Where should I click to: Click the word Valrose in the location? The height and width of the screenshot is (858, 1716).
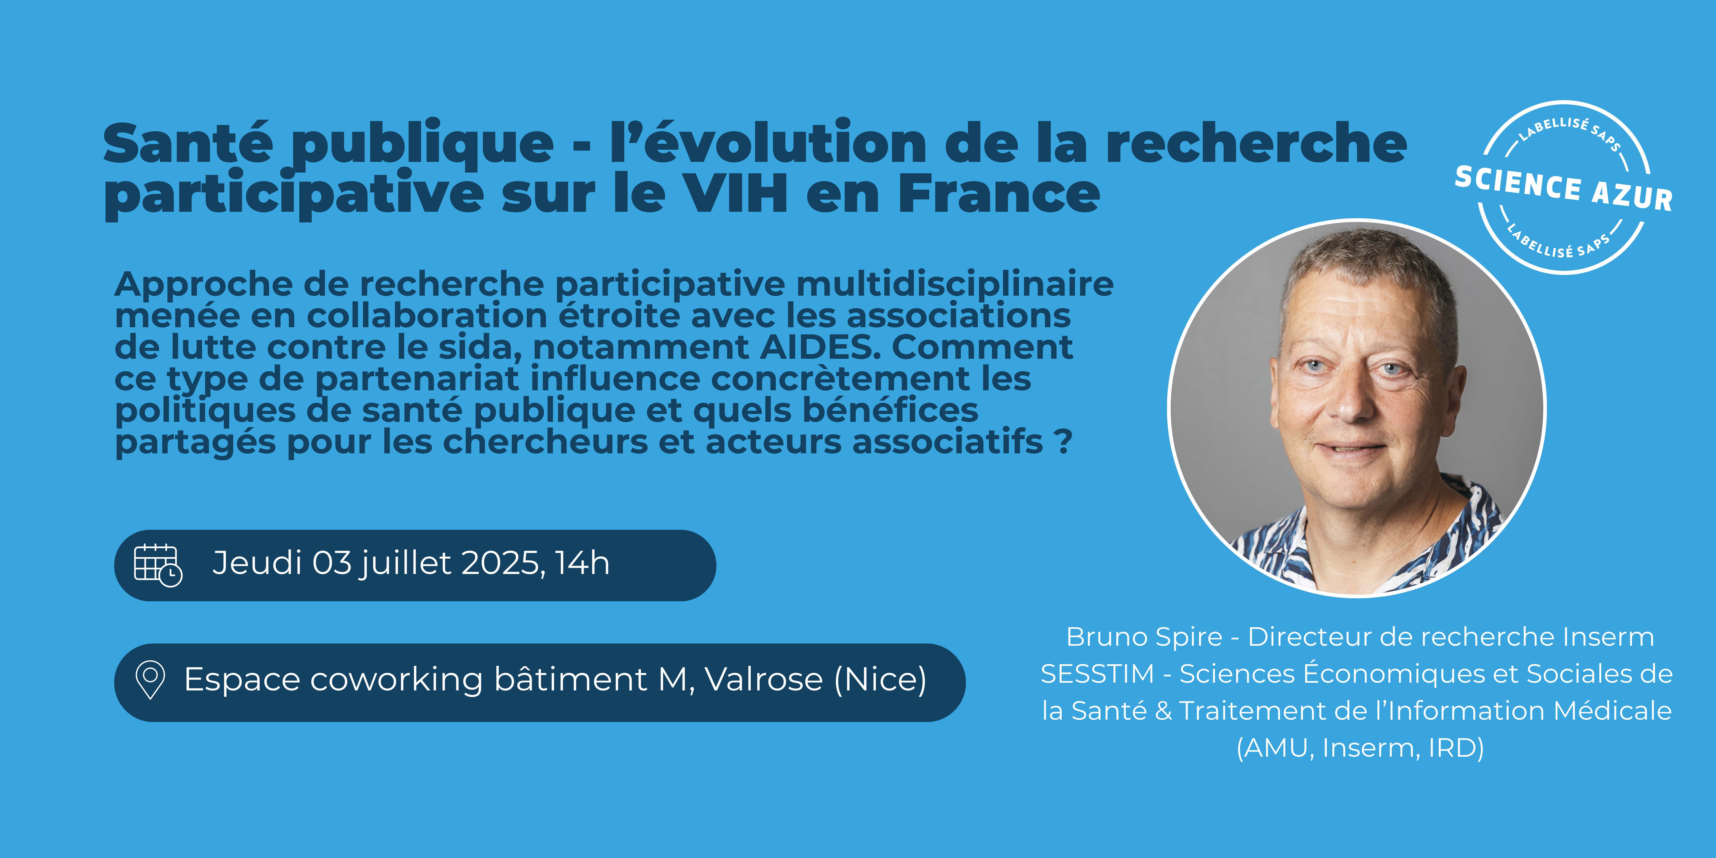pos(763,679)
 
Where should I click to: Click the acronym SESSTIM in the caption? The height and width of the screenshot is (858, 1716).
pos(1097,674)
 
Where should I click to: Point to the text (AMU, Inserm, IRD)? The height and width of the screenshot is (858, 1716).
pos(1360,748)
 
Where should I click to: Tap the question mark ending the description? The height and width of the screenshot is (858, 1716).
pos(1064,442)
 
